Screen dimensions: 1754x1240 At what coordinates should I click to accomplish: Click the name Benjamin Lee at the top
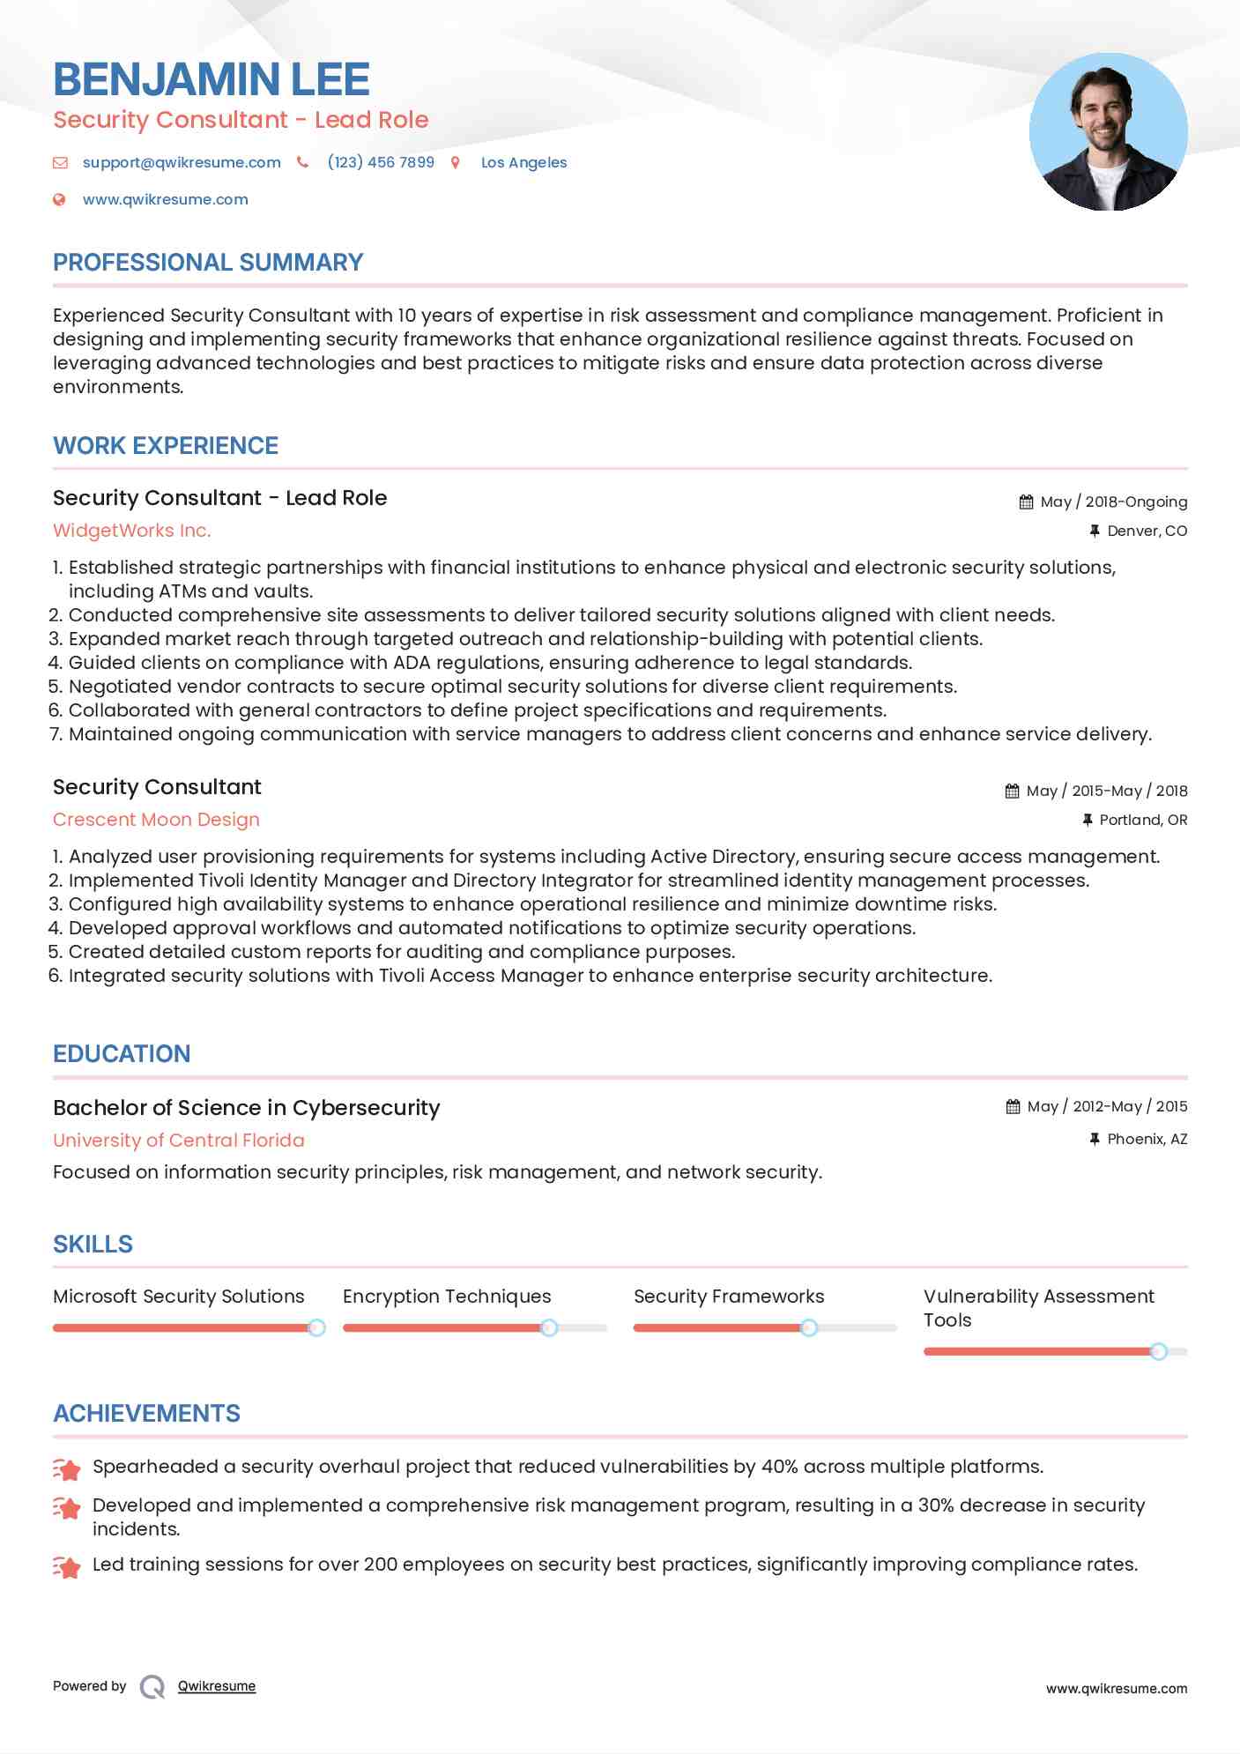(212, 79)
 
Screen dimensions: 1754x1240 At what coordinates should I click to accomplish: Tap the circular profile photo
(1108, 132)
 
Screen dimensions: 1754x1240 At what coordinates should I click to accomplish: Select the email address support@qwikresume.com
(182, 162)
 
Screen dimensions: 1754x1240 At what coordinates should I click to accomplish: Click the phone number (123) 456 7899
(381, 162)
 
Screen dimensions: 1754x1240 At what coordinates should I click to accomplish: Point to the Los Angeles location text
(523, 162)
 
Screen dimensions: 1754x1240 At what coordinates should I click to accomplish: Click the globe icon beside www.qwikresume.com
(59, 199)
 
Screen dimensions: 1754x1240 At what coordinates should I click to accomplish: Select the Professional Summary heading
(208, 263)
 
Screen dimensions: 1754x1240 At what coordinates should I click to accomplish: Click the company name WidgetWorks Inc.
(132, 531)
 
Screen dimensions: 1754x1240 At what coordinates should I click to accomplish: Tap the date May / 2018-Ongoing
(1113, 502)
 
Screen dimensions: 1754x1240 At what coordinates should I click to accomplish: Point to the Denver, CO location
(1147, 531)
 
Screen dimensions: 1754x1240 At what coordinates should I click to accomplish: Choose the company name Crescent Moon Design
(156, 820)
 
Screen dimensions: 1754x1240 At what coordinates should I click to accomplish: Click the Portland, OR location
(1143, 820)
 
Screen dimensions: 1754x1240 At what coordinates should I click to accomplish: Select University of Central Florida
(179, 1141)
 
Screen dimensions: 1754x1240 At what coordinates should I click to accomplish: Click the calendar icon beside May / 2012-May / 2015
(1013, 1106)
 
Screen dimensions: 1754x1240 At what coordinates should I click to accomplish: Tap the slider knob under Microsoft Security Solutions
(316, 1327)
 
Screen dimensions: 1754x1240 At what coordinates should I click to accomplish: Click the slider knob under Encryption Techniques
(549, 1327)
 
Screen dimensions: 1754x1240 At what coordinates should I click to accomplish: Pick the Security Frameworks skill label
(729, 1297)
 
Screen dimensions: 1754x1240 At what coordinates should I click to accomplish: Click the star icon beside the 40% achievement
(67, 1468)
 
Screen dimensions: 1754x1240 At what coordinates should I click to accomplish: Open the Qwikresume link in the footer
(217, 1686)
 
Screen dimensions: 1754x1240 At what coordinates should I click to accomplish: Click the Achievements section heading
(146, 1414)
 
